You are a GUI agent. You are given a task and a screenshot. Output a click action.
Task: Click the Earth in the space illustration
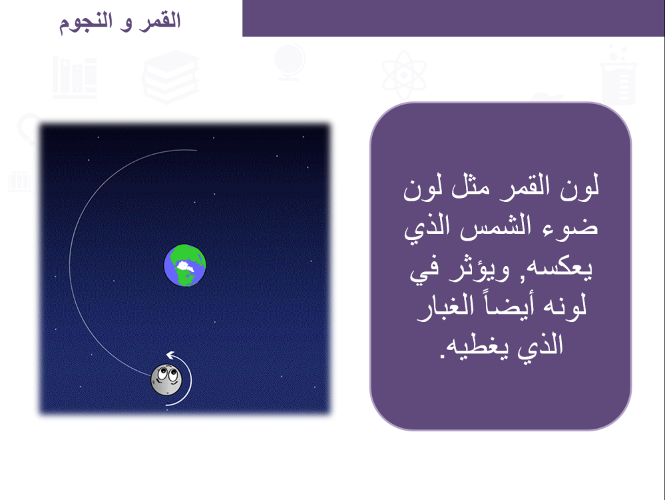[x=185, y=265]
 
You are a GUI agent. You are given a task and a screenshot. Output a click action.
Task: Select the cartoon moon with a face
[x=166, y=380]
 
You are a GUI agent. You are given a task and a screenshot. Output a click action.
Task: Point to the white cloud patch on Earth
[x=185, y=267]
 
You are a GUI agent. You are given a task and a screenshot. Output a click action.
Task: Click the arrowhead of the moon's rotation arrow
[x=170, y=355]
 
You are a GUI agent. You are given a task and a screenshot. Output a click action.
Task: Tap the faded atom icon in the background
[x=404, y=75]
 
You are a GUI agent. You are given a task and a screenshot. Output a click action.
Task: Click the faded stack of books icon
[x=170, y=77]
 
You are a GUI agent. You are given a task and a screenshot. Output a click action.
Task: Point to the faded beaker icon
[x=619, y=75]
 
